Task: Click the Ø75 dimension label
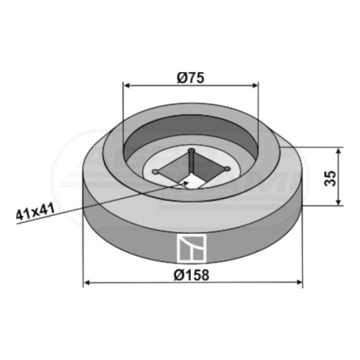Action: click(x=190, y=76)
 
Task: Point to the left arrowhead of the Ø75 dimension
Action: click(x=126, y=85)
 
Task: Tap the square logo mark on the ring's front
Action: click(x=191, y=248)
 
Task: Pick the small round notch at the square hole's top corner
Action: click(x=191, y=151)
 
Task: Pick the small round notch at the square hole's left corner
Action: click(x=155, y=172)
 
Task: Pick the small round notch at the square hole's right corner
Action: click(x=227, y=169)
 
